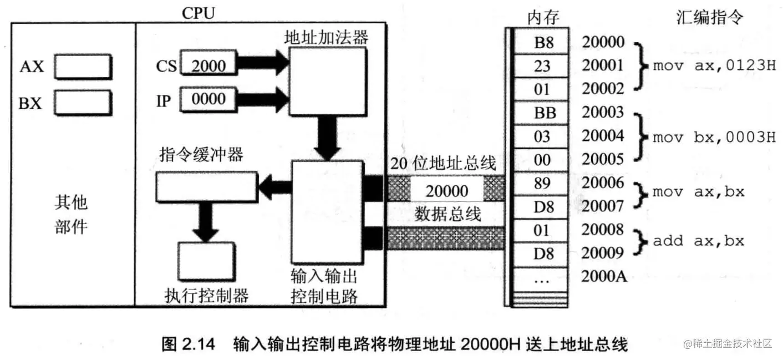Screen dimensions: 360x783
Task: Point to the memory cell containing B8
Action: click(541, 42)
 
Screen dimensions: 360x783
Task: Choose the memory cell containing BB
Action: click(541, 113)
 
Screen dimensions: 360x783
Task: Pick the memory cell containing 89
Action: click(541, 184)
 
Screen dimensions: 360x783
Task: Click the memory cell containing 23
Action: click(541, 66)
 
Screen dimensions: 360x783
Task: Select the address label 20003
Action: click(603, 113)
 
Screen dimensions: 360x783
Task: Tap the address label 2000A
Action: click(603, 276)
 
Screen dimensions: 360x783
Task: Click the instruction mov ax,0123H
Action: click(714, 67)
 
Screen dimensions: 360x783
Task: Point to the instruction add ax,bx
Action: click(698, 241)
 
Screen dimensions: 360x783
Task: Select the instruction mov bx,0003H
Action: click(714, 136)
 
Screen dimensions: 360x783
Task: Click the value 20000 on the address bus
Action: click(446, 191)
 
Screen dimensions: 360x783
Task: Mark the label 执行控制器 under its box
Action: click(206, 295)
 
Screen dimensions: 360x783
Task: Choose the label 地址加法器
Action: click(326, 37)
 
